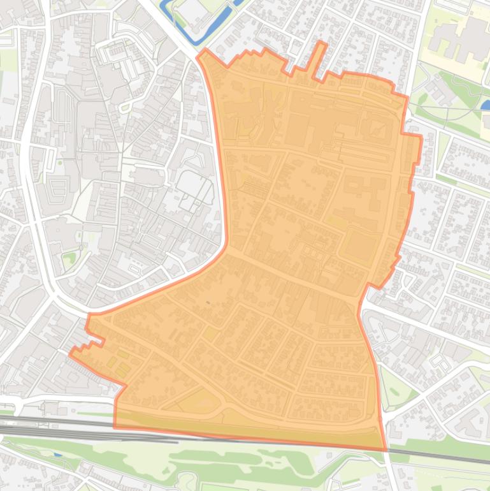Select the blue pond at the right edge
486,104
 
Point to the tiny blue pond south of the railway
57,455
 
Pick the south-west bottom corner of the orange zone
115,427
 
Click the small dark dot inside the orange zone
208,302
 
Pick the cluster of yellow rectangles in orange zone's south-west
119,360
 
